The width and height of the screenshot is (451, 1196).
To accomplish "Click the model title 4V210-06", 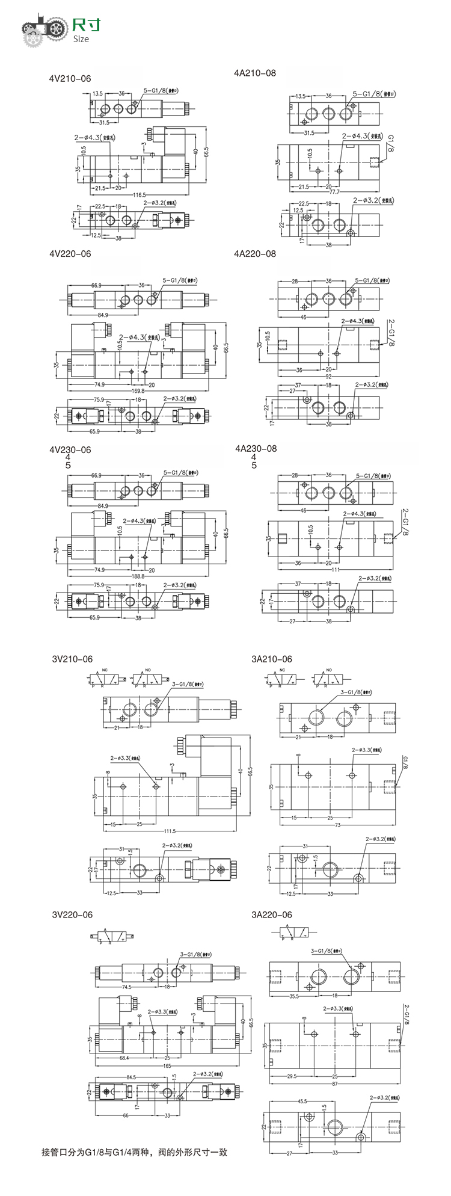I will pyautogui.click(x=70, y=78).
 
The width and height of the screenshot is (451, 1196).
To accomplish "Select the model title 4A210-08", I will pyautogui.click(x=254, y=73).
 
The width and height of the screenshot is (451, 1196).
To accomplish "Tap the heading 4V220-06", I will pyautogui.click(x=70, y=254).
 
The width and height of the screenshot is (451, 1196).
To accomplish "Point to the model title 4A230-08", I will pyautogui.click(x=256, y=448).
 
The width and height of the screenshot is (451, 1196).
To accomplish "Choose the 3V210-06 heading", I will pyautogui.click(x=72, y=659).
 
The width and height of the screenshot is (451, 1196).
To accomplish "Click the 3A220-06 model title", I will pyautogui.click(x=271, y=914).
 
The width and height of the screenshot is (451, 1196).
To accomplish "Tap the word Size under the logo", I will pyautogui.click(x=81, y=39).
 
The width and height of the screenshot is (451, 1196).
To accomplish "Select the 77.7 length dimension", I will pyautogui.click(x=334, y=191).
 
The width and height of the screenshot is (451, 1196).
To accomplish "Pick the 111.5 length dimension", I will pyautogui.click(x=169, y=831).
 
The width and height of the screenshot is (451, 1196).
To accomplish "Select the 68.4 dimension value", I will pyautogui.click(x=124, y=1058).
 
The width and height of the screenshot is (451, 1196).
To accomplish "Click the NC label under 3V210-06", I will pyautogui.click(x=105, y=670).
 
